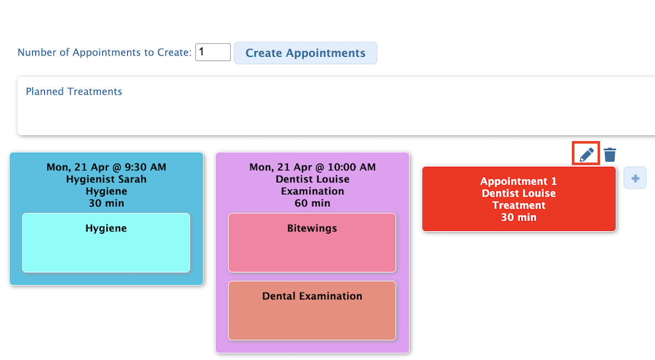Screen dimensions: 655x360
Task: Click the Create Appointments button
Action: pos(305,53)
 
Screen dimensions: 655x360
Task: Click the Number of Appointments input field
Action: pos(213,52)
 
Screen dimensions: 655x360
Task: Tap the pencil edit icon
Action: pos(586,154)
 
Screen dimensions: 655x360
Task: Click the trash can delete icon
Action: pos(610,154)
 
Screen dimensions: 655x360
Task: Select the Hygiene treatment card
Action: pos(106,243)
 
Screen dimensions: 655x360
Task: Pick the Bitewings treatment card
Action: pos(312,243)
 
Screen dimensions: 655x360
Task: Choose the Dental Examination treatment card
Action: pos(312,310)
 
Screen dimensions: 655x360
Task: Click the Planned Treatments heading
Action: pos(74,91)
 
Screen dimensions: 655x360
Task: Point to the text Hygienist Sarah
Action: pos(106,179)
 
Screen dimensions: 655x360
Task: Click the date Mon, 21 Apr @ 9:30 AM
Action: pos(106,167)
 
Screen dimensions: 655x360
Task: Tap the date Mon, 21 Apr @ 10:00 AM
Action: pos(313,167)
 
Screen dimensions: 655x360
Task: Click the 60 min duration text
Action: pos(313,203)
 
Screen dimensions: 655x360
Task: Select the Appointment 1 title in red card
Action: pos(518,181)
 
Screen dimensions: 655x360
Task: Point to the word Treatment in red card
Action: pos(519,205)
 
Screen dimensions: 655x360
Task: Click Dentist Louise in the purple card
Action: pos(313,179)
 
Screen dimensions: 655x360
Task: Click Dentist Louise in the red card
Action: pos(519,193)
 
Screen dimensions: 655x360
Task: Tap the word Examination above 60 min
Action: pos(313,191)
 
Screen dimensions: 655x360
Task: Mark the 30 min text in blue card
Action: pos(106,203)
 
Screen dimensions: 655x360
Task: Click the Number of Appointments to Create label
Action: pos(105,52)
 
